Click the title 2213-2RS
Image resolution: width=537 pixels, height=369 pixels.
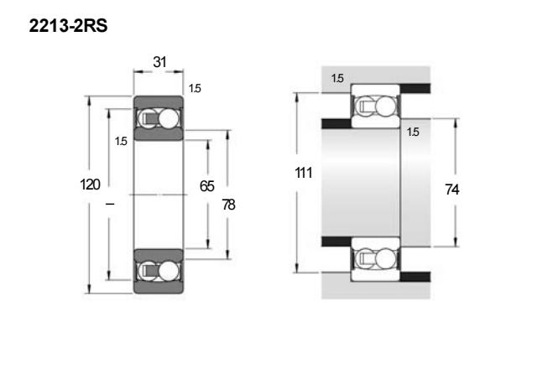68,26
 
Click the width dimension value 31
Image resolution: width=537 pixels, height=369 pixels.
159,62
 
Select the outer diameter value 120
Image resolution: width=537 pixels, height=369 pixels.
90,184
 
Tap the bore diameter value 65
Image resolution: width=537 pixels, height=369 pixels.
207,186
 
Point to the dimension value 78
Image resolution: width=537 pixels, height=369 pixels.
228,205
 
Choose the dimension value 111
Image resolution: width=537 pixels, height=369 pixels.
304,173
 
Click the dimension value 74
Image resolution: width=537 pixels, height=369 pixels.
452,190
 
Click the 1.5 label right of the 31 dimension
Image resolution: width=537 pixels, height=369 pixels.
195,89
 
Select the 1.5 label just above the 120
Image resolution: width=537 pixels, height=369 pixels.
121,142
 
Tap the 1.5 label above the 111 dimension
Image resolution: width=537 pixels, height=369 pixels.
337,78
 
